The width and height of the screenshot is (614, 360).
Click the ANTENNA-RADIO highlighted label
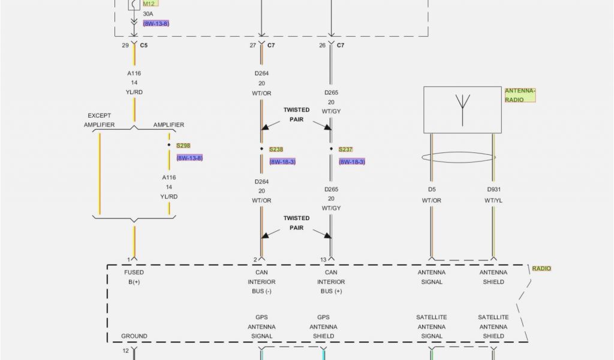519,95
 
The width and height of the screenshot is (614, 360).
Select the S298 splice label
183,145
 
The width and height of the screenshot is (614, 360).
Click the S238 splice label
276,149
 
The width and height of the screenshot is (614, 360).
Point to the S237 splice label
345,149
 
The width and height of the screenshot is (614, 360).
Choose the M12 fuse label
149,4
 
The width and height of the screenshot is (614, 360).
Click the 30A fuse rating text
148,14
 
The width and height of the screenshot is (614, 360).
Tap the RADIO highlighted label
541,268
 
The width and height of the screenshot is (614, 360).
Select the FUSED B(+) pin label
134,277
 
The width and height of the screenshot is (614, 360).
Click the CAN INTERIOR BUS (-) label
261,281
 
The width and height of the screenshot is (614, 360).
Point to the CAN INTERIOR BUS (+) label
331,281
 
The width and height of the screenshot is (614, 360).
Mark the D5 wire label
431,190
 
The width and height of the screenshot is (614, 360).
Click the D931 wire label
493,190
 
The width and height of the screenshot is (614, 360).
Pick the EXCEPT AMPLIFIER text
100,120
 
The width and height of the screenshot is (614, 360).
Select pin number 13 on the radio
323,260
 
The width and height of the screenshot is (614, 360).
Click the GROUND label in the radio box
134,336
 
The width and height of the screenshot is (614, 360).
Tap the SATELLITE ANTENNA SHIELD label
493,326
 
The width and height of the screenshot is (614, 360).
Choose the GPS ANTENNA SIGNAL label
261,326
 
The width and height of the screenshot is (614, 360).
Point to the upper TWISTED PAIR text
296,115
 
